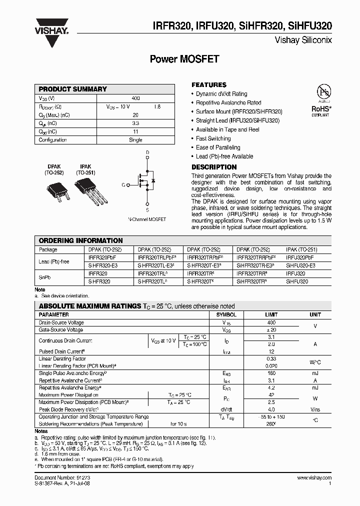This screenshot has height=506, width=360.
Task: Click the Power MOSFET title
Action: tap(184, 59)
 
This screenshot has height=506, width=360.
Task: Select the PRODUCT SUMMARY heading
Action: tap(73, 89)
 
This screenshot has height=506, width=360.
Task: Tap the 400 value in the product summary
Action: tap(135, 98)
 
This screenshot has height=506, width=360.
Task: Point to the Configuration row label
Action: tap(53, 140)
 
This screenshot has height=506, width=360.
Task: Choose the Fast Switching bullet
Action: tap(213, 138)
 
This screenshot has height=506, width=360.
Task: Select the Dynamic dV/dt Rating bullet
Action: tap(221, 94)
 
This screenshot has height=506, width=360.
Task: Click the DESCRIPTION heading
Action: tap(214, 167)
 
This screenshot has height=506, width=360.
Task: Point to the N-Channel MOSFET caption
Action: tap(147, 219)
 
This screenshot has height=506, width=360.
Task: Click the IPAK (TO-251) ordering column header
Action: tap(301, 249)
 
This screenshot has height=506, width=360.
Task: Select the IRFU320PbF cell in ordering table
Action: tap(300, 257)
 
